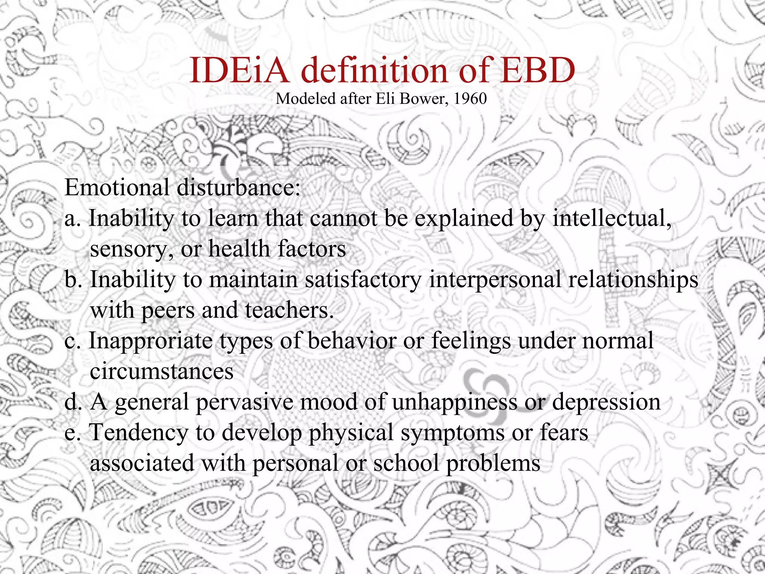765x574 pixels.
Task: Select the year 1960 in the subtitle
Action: [x=470, y=99]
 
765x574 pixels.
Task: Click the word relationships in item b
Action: [x=633, y=280]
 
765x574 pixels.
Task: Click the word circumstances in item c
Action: [x=162, y=371]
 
